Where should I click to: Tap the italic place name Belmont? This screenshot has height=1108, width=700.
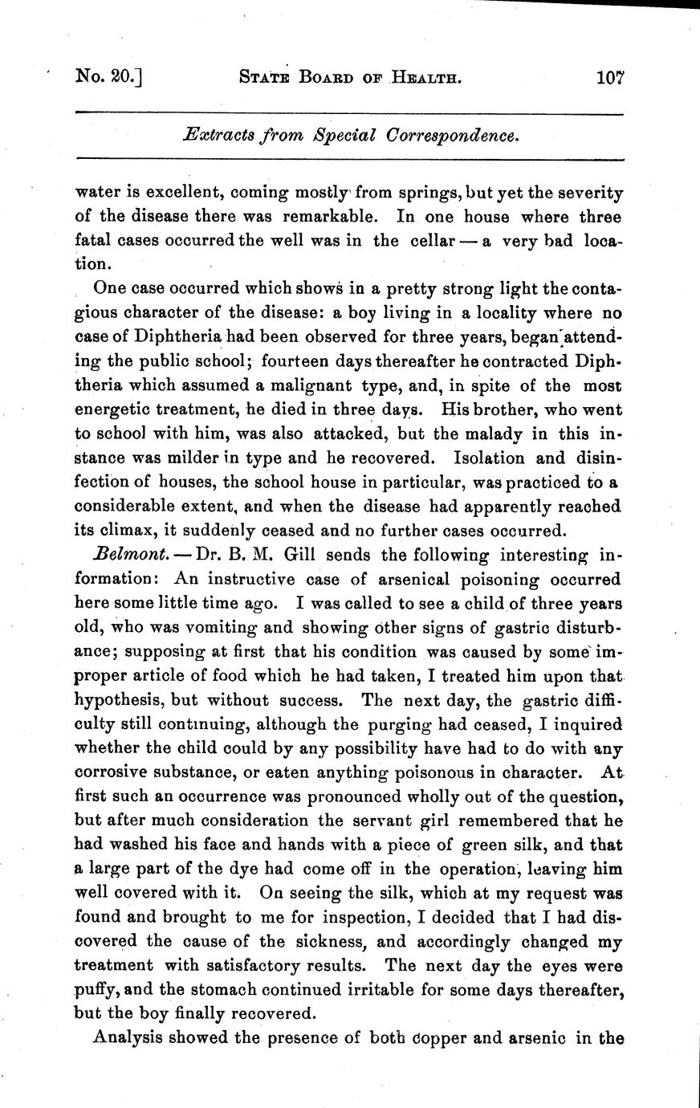click(x=121, y=555)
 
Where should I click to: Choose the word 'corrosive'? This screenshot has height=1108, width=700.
click(x=112, y=772)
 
